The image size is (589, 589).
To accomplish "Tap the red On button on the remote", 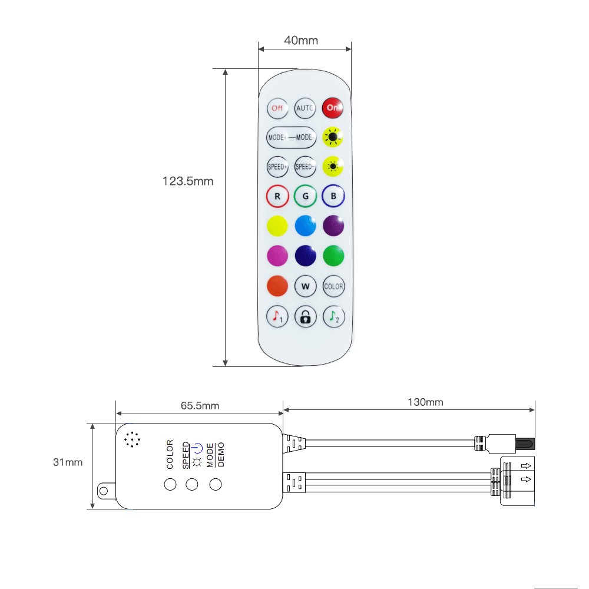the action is [332, 108].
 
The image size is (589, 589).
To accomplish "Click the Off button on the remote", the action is [277, 108].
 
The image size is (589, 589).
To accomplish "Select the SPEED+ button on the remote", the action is [277, 167].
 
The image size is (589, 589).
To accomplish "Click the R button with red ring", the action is [277, 196].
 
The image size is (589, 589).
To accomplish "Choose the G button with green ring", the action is [305, 196].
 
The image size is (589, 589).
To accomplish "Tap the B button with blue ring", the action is [333, 196].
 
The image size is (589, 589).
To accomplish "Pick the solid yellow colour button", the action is [277, 226].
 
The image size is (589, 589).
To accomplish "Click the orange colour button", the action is [277, 286].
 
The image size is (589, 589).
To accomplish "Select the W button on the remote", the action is [305, 286].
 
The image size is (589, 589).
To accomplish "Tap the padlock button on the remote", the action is [305, 317].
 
